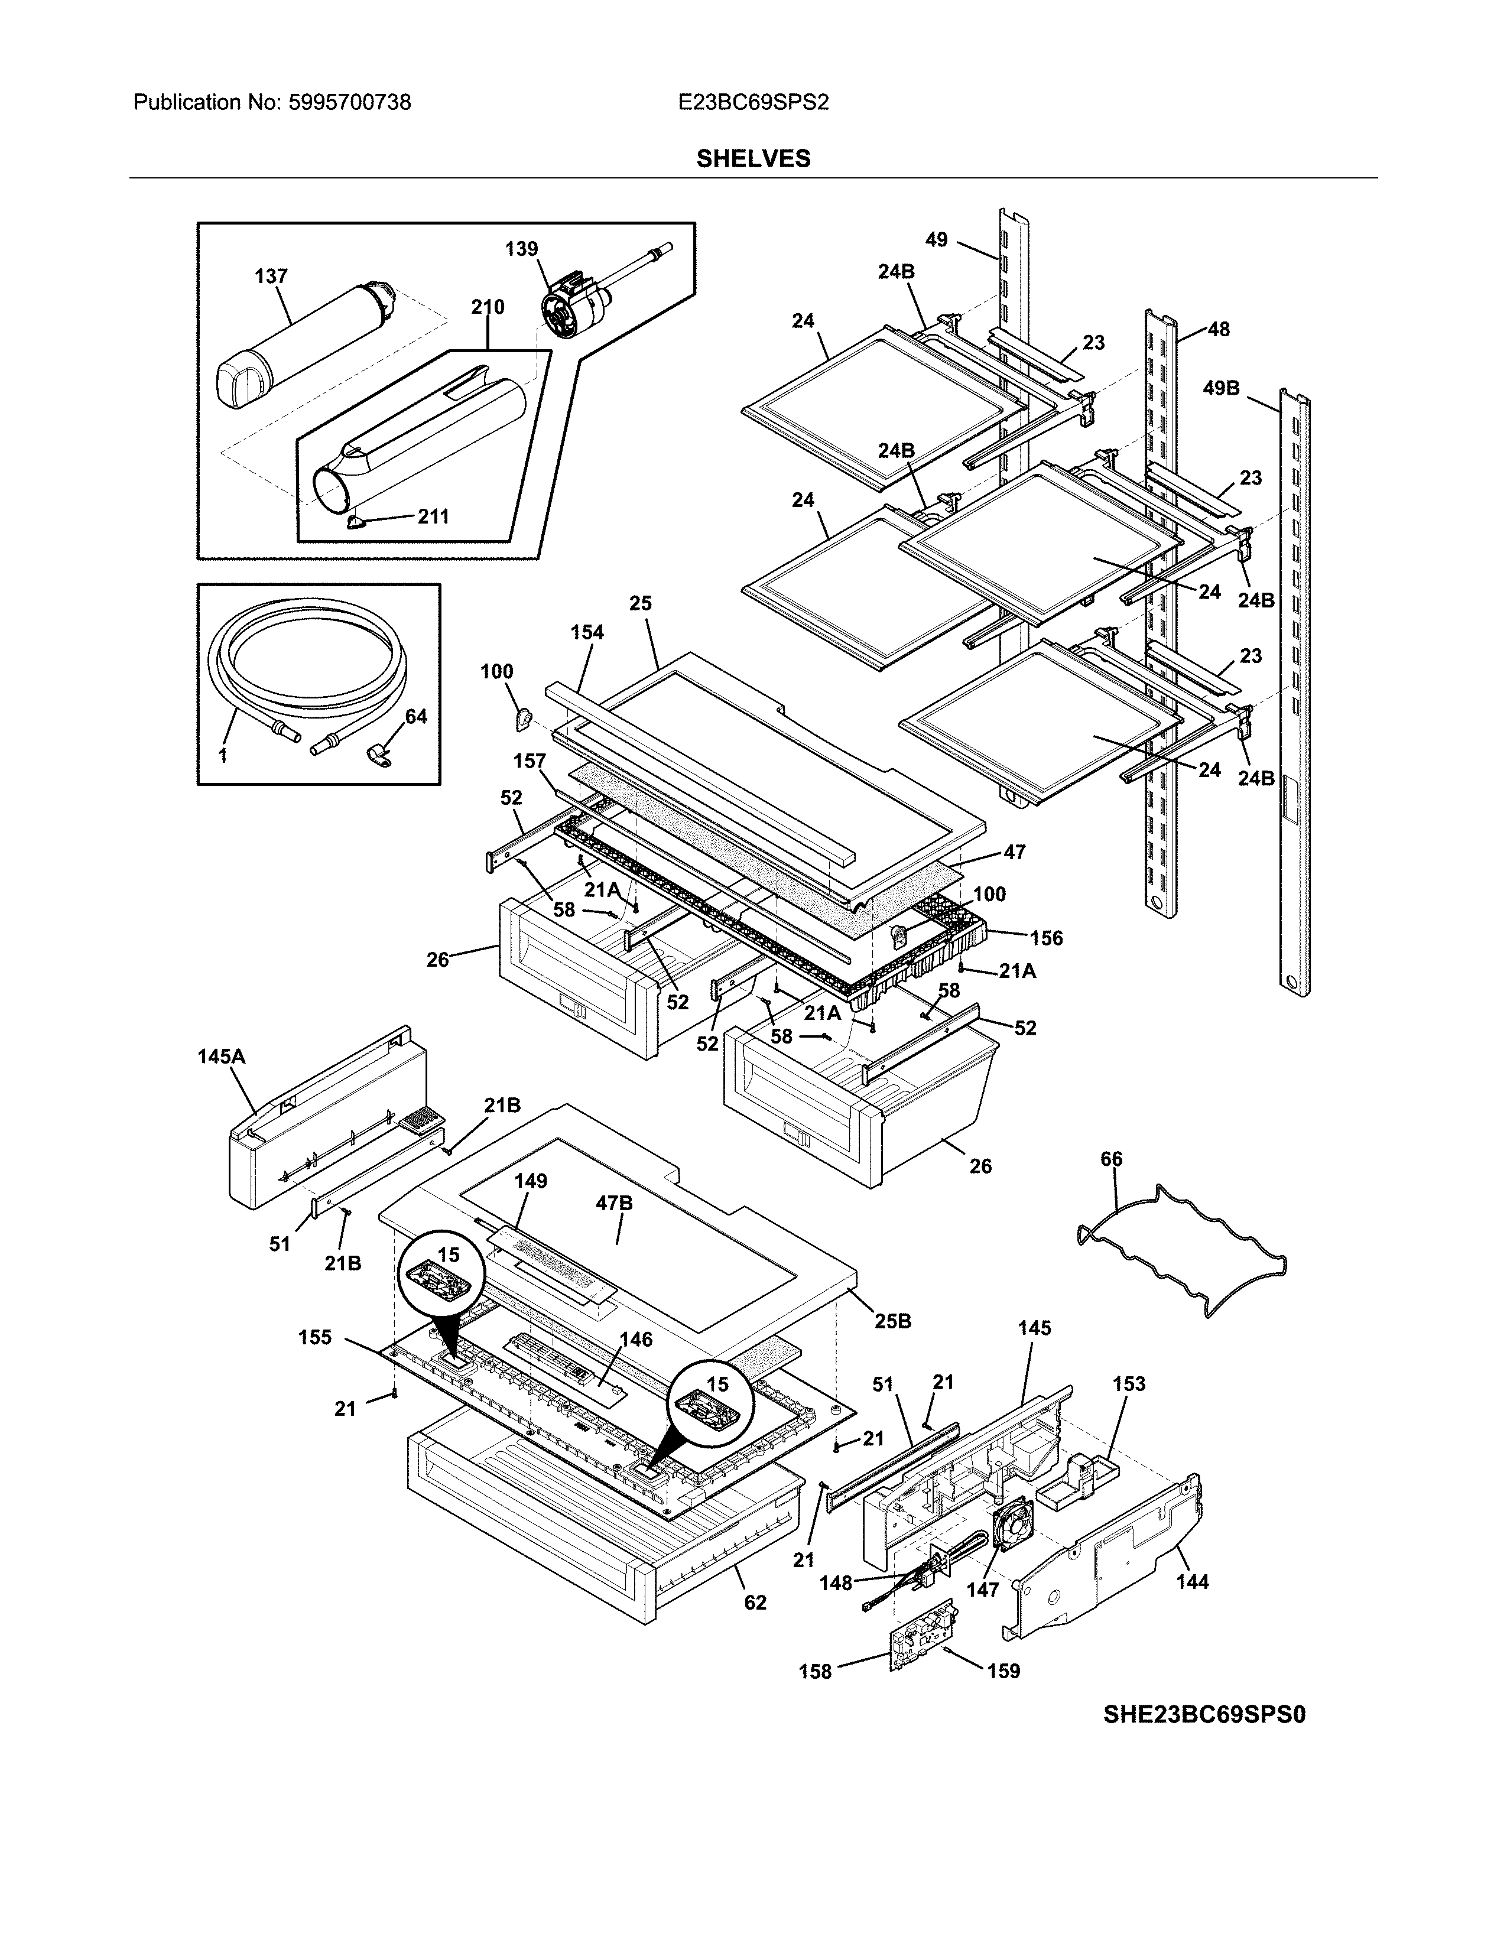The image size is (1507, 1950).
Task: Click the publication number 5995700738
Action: [349, 103]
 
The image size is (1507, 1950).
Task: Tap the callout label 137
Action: [271, 276]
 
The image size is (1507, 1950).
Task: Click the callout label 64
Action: [416, 716]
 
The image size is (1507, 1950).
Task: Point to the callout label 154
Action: [587, 632]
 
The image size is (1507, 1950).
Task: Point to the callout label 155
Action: [315, 1337]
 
